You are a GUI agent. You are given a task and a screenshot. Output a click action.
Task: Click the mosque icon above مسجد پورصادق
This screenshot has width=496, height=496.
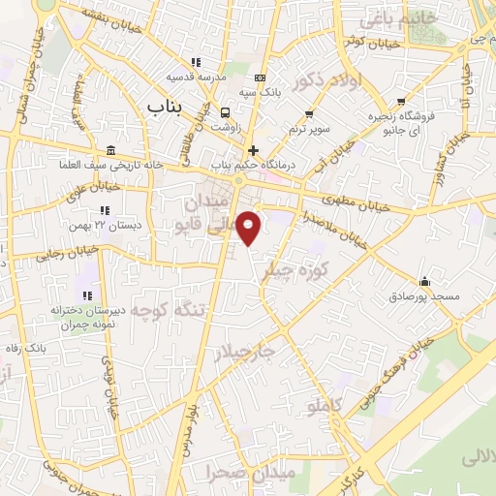pyautogui.click(x=423, y=280)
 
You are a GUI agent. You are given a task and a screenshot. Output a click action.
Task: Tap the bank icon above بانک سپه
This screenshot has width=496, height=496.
pyautogui.click(x=259, y=77)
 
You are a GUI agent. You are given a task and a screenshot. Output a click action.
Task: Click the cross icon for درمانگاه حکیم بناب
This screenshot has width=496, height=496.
pyautogui.click(x=254, y=150)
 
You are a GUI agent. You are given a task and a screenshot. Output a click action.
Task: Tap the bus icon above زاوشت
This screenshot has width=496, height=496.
pyautogui.click(x=225, y=110)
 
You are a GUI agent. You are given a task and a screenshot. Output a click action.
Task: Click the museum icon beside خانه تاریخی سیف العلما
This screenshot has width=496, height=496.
pyautogui.click(x=110, y=150)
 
